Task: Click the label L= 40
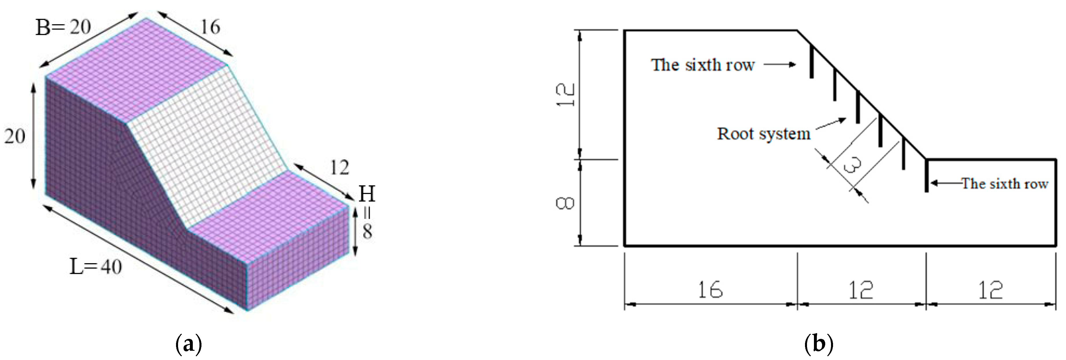pos(96,267)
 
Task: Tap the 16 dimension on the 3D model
pos(210,27)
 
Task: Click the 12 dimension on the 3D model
pos(339,168)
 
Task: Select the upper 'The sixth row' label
pos(703,65)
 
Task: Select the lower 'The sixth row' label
pos(1005,183)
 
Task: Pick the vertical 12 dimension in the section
pos(565,95)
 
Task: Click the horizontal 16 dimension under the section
pos(710,290)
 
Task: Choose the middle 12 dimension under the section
pos(861,290)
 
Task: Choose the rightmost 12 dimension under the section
pos(990,290)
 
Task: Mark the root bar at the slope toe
pos(927,176)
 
